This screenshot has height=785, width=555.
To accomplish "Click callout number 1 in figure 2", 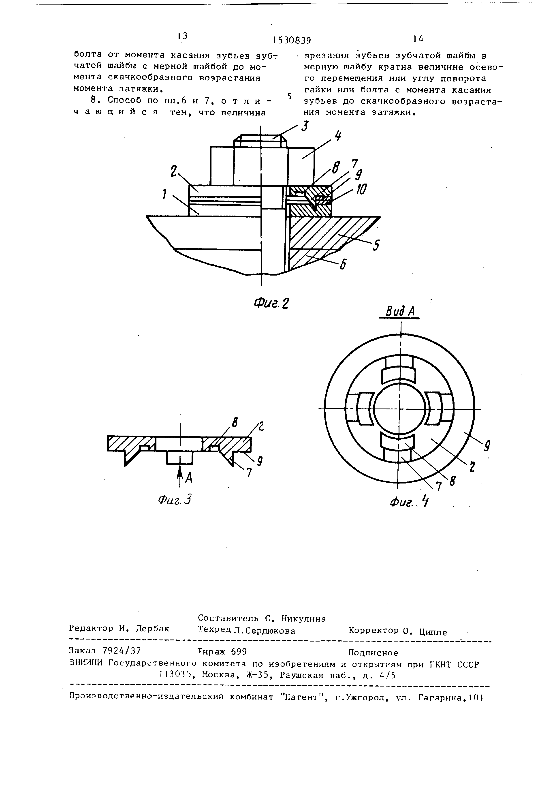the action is (164, 194).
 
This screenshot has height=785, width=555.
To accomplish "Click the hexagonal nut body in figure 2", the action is (261, 166).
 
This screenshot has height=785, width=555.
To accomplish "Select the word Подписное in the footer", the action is (373, 653).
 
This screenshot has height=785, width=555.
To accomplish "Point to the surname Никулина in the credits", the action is (304, 618).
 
